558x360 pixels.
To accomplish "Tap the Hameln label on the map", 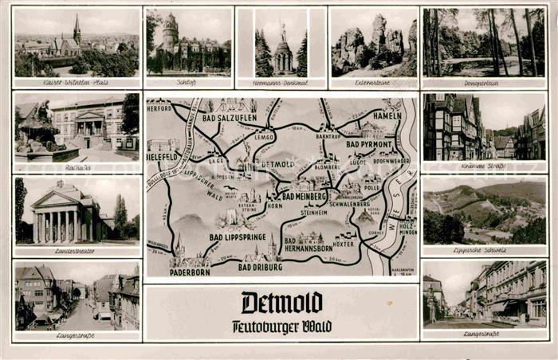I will click(x=387, y=115).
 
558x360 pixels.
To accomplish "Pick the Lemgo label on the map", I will click(x=265, y=137).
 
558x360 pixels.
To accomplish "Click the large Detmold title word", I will click(x=281, y=303).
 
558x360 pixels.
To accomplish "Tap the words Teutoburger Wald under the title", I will click(x=281, y=327).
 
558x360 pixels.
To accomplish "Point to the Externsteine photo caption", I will click(x=373, y=82).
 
